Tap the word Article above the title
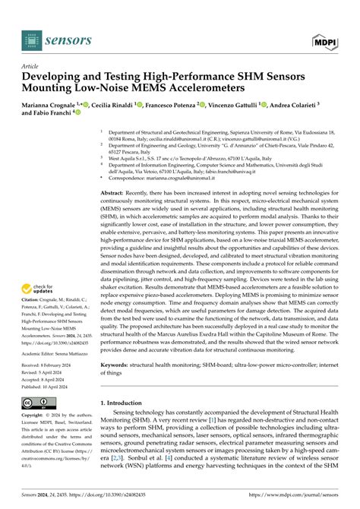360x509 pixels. coord(32,66)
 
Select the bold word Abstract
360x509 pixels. coord(115,194)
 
